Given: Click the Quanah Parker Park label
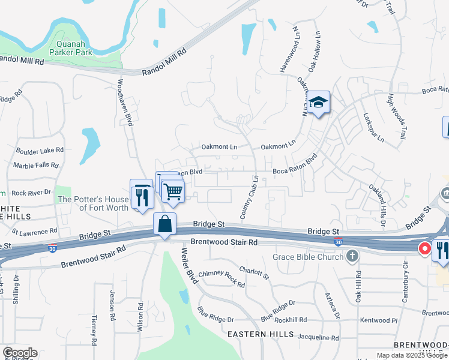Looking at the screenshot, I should click(x=75, y=47).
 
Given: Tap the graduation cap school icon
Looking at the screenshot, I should click(x=319, y=103).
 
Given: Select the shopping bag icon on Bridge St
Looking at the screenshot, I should click(x=164, y=225).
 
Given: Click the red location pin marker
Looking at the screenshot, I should click(x=424, y=248).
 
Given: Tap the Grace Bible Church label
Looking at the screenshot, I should click(x=308, y=257).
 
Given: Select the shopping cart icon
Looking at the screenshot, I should click(x=173, y=192).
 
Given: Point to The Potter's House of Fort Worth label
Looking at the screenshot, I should click(x=93, y=203).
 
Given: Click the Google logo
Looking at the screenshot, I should click(x=20, y=353).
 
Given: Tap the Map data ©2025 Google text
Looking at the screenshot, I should click(x=412, y=355).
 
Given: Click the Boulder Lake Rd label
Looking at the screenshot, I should click(x=40, y=151).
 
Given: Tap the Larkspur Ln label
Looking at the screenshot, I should click(x=372, y=127).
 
